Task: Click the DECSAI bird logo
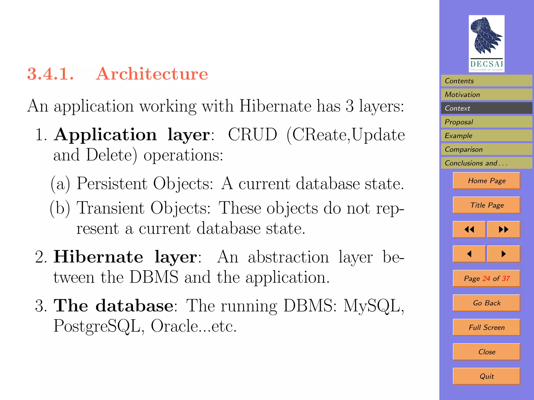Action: [x=486, y=43]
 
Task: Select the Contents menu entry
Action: [x=486, y=81]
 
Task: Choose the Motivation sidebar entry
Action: [x=486, y=95]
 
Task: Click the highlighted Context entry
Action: [x=486, y=108]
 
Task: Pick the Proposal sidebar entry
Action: [x=486, y=122]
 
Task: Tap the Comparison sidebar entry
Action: [x=486, y=149]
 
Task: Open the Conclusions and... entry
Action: [x=486, y=163]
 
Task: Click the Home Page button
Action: [x=487, y=180]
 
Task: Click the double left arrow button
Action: [x=469, y=229]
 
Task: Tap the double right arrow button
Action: [x=503, y=229]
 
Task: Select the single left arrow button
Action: [x=469, y=254]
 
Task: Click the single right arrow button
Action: [x=503, y=254]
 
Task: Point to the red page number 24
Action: [x=486, y=278]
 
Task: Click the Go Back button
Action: [x=487, y=303]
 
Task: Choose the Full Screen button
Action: [x=487, y=327]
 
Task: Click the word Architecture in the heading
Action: [x=152, y=74]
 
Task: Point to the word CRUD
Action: [x=252, y=135]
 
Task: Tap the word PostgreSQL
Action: [x=97, y=326]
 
